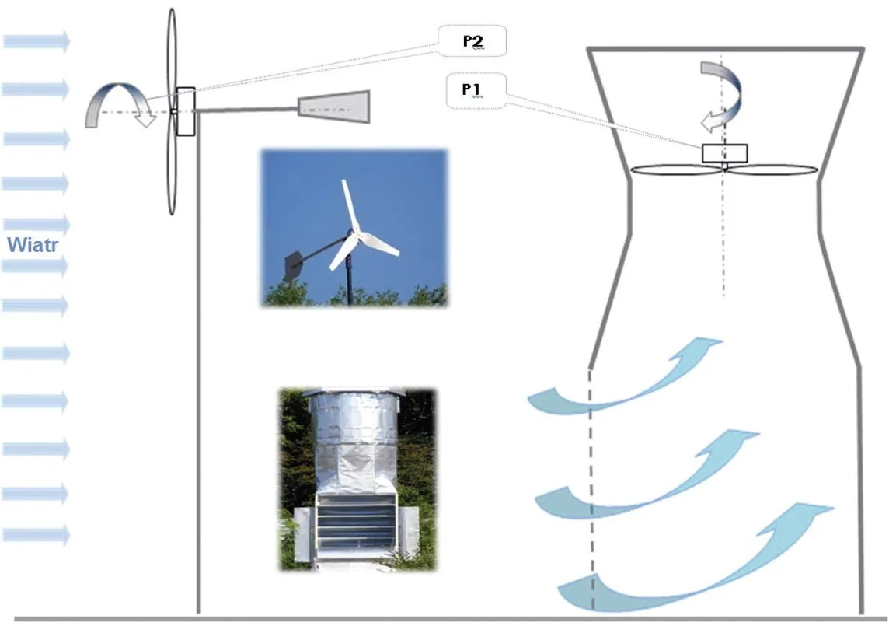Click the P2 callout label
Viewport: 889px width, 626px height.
tap(472, 41)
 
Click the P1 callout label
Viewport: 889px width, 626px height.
tap(471, 90)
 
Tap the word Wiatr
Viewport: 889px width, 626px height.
tap(34, 247)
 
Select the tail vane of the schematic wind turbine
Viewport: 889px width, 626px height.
tap(335, 107)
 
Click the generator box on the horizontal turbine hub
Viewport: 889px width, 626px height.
tap(185, 111)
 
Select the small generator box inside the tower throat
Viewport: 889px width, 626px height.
tap(724, 153)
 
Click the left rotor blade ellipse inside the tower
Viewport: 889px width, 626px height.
tap(676, 169)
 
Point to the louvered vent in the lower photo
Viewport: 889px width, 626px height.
tap(357, 520)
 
